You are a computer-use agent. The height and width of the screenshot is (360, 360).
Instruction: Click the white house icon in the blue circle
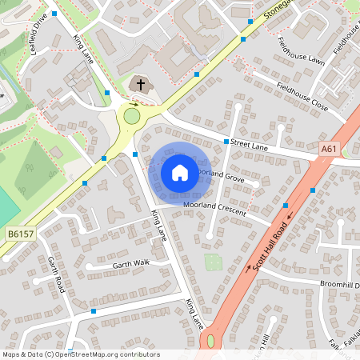pyautogui.click(x=180, y=173)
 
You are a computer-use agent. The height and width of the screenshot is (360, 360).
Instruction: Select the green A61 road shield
pyautogui.click(x=328, y=149)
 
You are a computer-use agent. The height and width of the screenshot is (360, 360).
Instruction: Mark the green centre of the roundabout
pyautogui.click(x=131, y=117)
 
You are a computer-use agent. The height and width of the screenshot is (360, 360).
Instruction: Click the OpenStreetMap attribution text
pyautogui.click(x=81, y=354)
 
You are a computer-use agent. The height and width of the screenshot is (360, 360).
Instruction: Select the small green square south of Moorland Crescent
pyautogui.click(x=214, y=261)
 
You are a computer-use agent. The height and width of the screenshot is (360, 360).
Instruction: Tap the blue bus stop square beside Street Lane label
pyautogui.click(x=226, y=142)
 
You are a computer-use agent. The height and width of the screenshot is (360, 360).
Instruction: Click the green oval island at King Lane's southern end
pyautogui.click(x=210, y=341)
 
